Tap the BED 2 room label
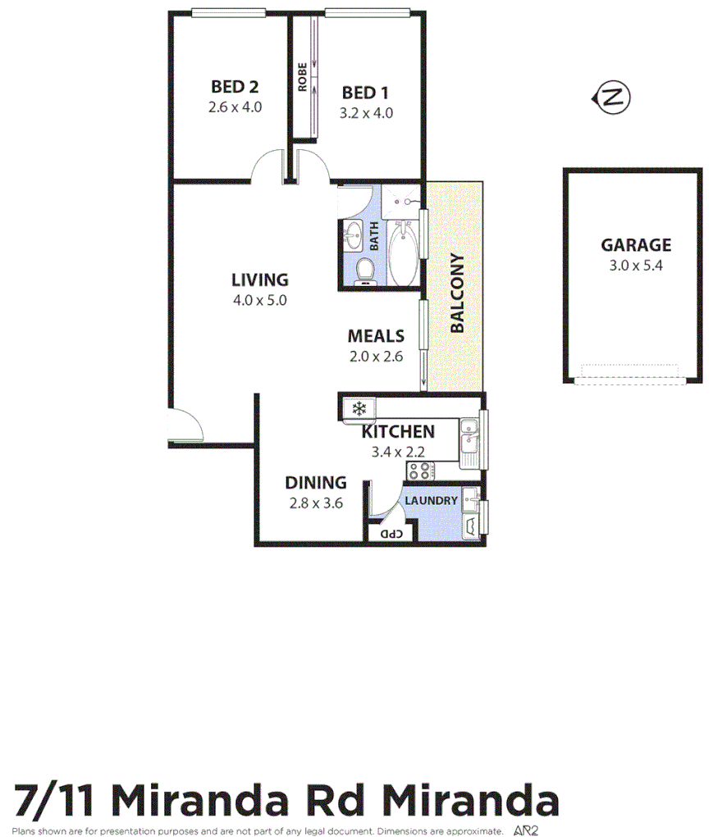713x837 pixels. pos(235,87)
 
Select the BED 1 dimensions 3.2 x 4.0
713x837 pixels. pos(366,113)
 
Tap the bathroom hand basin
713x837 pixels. pos(354,234)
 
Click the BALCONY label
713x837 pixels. pos(457,293)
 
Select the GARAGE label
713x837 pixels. pos(636,245)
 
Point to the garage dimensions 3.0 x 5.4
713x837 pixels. pos(636,266)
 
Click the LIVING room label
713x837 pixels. pos(259,280)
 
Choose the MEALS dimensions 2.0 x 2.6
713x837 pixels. pos(376,357)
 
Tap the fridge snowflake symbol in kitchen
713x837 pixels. pos(358,407)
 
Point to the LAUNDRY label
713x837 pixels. pos(430,501)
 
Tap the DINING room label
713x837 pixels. pos(315,483)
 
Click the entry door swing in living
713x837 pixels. pos(188,426)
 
